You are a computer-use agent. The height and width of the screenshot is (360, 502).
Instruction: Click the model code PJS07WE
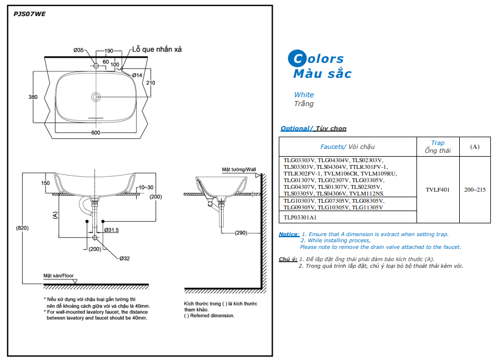point(29,14)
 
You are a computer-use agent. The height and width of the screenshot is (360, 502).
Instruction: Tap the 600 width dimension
point(96,133)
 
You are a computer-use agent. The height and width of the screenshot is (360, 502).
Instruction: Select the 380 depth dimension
point(33,97)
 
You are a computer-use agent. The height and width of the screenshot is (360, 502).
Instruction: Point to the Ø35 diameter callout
point(78,51)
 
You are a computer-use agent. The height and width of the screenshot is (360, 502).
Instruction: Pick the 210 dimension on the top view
point(150,83)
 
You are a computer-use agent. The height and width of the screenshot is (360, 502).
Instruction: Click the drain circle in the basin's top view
point(96,97)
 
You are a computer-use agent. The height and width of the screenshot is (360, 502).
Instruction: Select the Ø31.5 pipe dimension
point(111,230)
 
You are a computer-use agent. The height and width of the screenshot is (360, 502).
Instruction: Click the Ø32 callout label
point(124,258)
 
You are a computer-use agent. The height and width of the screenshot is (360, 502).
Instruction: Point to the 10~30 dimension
point(147,187)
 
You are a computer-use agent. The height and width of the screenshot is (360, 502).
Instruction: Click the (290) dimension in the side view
point(240,233)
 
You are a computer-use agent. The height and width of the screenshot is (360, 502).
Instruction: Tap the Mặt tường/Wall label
point(239,169)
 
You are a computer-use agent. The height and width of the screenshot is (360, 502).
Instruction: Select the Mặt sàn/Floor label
point(58,275)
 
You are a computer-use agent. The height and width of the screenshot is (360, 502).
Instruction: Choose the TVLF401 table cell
point(438,189)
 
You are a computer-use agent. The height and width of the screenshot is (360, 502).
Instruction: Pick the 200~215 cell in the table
point(475,189)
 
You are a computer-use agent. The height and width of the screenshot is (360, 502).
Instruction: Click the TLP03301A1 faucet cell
point(300,217)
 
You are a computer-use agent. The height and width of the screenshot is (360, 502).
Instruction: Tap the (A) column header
point(475,147)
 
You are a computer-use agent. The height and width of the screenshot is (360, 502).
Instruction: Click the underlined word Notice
point(289,234)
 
